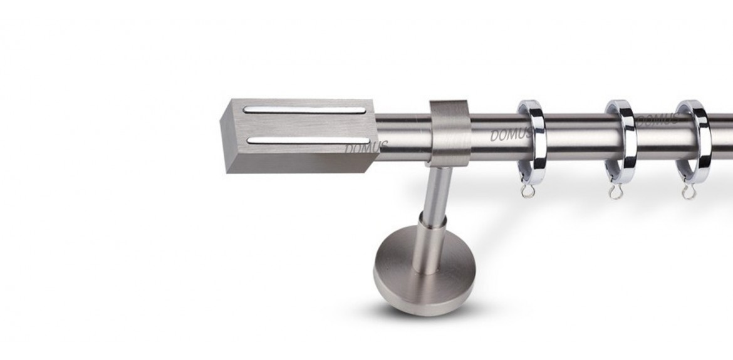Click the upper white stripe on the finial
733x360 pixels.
(304, 110)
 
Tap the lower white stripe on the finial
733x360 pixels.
(308, 140)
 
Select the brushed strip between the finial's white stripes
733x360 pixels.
(306, 126)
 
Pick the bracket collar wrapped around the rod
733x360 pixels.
(450, 133)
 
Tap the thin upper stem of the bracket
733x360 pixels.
(439, 192)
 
